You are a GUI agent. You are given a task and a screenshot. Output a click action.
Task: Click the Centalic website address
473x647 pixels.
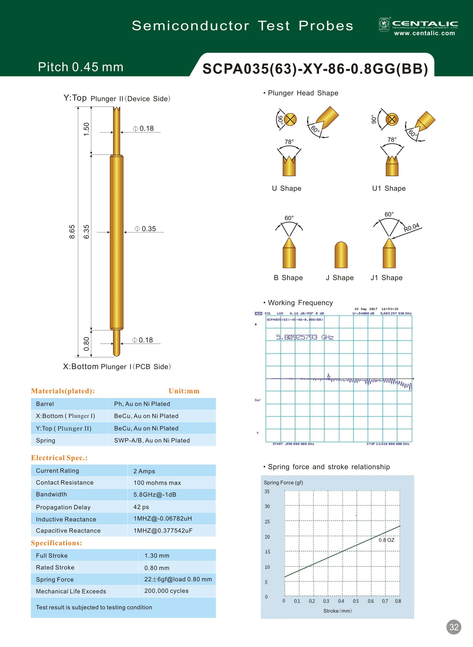coord(424,33)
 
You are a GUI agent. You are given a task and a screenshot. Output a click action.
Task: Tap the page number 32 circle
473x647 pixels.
coord(453,627)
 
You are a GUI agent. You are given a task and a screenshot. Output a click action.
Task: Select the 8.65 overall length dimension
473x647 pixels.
coord(72,231)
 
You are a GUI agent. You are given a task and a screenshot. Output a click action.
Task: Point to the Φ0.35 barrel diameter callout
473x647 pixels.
coord(145,229)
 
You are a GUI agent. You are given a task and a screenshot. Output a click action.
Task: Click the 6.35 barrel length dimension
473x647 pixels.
coord(86,231)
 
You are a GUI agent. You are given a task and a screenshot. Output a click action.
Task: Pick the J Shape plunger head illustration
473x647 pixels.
coord(341,255)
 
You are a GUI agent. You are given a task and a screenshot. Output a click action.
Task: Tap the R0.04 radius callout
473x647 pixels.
coord(411,227)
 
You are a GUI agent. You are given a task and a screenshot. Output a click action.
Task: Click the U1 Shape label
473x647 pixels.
coord(389,188)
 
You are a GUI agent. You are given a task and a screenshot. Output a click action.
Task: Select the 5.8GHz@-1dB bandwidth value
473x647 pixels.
coord(155,494)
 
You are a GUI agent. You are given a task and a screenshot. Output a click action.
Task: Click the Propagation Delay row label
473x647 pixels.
coord(63,507)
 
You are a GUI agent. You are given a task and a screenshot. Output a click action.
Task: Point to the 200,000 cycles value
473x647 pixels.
coord(166,591)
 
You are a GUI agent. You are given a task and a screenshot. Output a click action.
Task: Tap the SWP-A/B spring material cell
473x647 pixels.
coord(152,440)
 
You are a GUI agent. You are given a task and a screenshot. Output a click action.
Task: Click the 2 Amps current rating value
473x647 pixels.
coord(144,471)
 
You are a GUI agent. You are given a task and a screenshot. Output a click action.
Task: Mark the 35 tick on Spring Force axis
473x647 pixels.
coord(267,491)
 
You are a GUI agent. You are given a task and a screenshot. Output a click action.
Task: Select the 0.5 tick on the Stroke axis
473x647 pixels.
coord(356,601)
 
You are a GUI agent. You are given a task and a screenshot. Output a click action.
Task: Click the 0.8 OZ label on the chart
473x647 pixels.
coord(386,540)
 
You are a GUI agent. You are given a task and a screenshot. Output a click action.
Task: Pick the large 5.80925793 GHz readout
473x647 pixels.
coord(305,337)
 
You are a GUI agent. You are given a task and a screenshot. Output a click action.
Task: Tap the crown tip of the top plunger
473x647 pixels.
coord(117,109)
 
